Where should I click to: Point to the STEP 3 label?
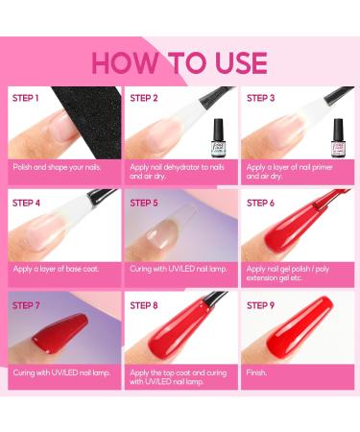coord(262,98)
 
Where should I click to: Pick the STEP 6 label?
coord(262,203)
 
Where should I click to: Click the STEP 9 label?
coord(262,305)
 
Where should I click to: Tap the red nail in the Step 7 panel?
coord(48,338)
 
